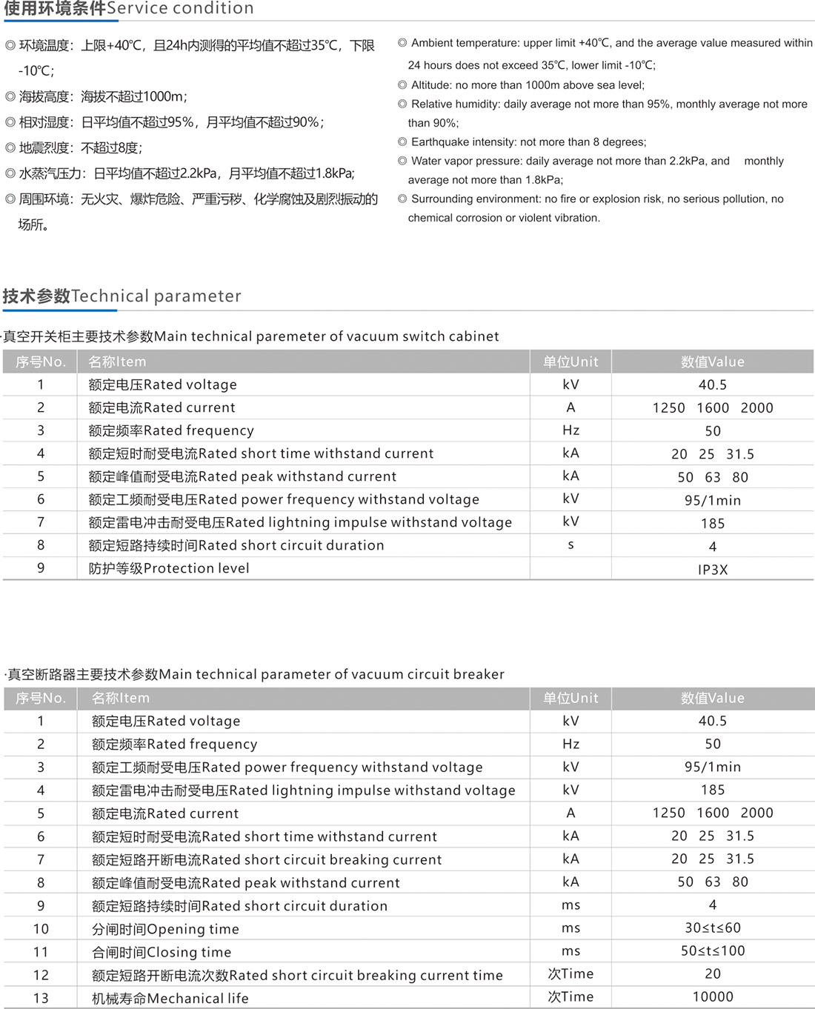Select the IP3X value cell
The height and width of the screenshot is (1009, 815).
point(712,570)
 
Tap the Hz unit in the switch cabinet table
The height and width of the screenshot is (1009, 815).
point(570,430)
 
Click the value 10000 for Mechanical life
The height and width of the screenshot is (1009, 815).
point(712,997)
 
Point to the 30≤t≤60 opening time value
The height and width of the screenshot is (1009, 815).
point(712,928)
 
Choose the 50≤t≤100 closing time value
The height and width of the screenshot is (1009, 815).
point(712,951)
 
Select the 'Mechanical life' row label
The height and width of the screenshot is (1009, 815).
point(170,999)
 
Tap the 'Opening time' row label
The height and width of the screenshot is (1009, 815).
point(165,930)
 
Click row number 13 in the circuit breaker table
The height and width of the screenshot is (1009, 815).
point(41,999)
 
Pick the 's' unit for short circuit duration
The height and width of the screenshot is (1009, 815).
point(570,545)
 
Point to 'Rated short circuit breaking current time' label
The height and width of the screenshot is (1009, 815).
point(297,976)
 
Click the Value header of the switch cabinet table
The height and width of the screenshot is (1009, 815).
point(712,362)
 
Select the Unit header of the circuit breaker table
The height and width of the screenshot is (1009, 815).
point(570,699)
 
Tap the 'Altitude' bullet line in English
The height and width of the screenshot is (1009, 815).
point(527,85)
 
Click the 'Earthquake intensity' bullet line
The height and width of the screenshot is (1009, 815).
point(528,142)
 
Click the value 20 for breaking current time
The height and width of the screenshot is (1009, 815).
point(712,974)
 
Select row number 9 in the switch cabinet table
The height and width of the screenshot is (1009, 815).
point(41,568)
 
